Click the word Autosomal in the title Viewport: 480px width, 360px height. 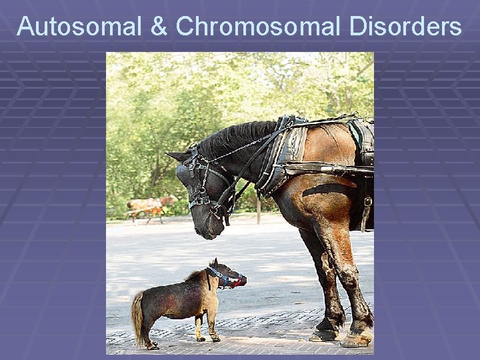point(78,27)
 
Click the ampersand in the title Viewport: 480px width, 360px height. point(159,27)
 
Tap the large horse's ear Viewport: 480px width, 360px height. point(178,157)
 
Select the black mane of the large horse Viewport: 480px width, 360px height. point(233,137)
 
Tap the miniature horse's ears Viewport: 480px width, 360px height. point(213,263)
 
